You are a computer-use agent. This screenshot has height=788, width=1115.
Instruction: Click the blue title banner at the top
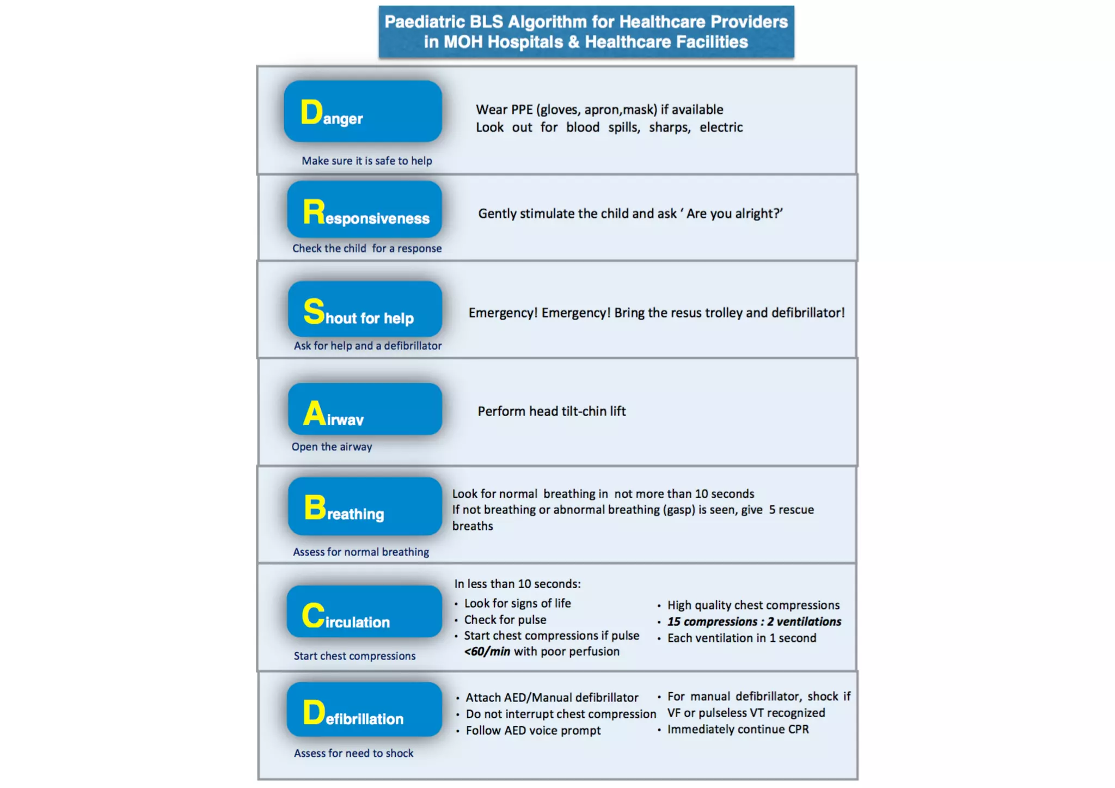click(x=586, y=32)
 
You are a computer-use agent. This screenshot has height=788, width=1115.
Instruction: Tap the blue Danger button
click(x=363, y=112)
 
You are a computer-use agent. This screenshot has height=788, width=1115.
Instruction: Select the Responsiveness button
click(x=364, y=210)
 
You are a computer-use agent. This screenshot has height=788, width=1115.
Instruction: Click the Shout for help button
click(x=365, y=309)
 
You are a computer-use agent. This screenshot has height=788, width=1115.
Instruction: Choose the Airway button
click(x=365, y=409)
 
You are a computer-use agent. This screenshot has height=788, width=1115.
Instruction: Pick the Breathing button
click(x=365, y=506)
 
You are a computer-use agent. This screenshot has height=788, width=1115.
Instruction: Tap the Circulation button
click(x=364, y=612)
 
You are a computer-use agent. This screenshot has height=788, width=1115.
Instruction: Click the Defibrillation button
click(x=364, y=710)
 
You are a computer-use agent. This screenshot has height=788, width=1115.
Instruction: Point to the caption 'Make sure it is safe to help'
click(x=366, y=161)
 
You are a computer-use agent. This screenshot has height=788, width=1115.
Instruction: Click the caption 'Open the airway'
click(x=332, y=447)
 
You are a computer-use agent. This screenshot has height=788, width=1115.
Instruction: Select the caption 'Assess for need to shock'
click(x=353, y=753)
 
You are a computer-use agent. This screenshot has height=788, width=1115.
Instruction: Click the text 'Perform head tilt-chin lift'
click(x=552, y=411)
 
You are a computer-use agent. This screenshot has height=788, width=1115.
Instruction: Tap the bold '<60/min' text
click(x=487, y=651)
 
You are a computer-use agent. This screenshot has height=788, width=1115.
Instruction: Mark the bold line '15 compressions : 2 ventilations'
click(x=754, y=621)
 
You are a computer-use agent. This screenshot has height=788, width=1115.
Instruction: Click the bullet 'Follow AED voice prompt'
click(x=533, y=730)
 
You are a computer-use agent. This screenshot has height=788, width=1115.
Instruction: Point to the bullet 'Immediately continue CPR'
click(x=738, y=729)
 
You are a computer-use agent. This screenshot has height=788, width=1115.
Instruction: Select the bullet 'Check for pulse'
click(x=505, y=620)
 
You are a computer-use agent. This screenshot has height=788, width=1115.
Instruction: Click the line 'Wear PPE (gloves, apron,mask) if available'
click(x=599, y=109)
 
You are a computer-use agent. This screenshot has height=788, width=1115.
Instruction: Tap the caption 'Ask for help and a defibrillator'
click(x=367, y=346)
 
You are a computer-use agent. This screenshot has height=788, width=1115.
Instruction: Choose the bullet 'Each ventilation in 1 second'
click(x=742, y=638)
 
